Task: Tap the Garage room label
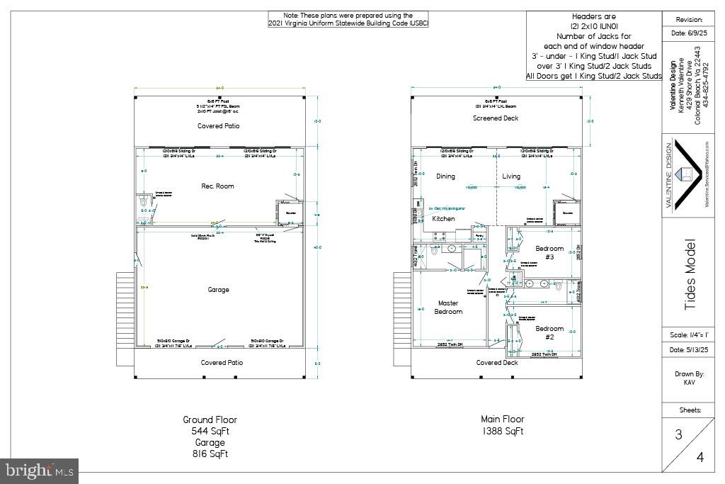(218, 289)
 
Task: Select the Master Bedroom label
(448, 308)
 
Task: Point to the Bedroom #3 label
(549, 253)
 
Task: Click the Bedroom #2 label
(549, 333)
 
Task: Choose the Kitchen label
(444, 219)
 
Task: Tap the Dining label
(445, 176)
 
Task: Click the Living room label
(511, 176)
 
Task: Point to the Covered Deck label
(496, 363)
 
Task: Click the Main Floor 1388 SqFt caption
(503, 425)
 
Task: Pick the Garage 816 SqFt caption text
(210, 448)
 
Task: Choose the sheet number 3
(678, 435)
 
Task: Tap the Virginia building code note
(348, 19)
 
